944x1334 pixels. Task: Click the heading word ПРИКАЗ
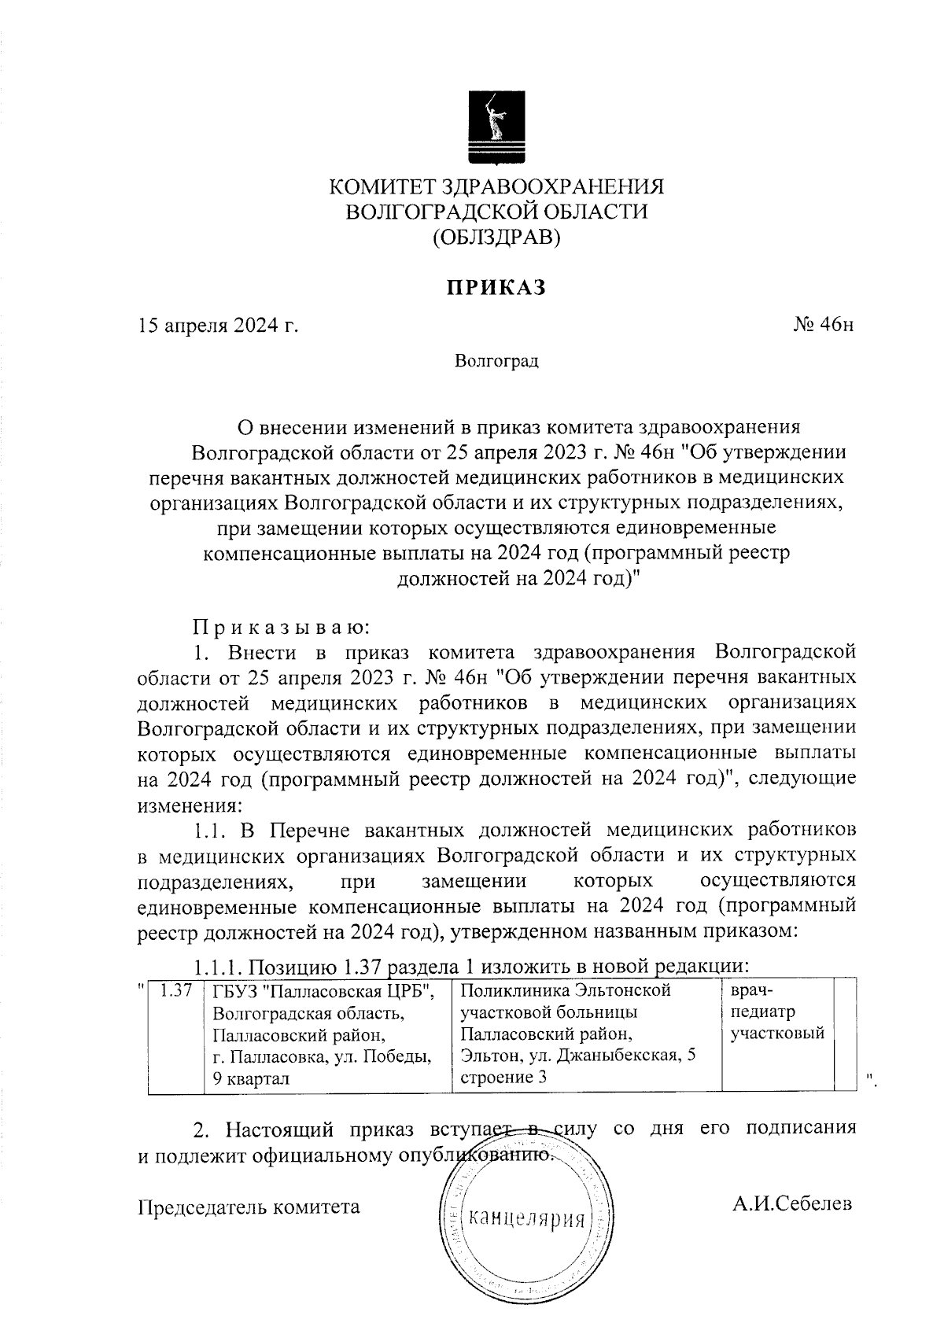[x=496, y=289]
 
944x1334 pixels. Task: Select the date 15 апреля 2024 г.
[x=219, y=326]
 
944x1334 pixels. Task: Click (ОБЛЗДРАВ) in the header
[x=496, y=236]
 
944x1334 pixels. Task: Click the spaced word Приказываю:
[x=281, y=628]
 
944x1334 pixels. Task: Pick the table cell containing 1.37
[x=176, y=992]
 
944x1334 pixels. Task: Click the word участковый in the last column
[x=776, y=1034]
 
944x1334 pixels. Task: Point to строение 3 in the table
[x=503, y=1078]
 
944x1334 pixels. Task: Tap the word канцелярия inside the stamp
[x=526, y=1220]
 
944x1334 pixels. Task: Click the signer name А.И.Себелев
[x=791, y=1204]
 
